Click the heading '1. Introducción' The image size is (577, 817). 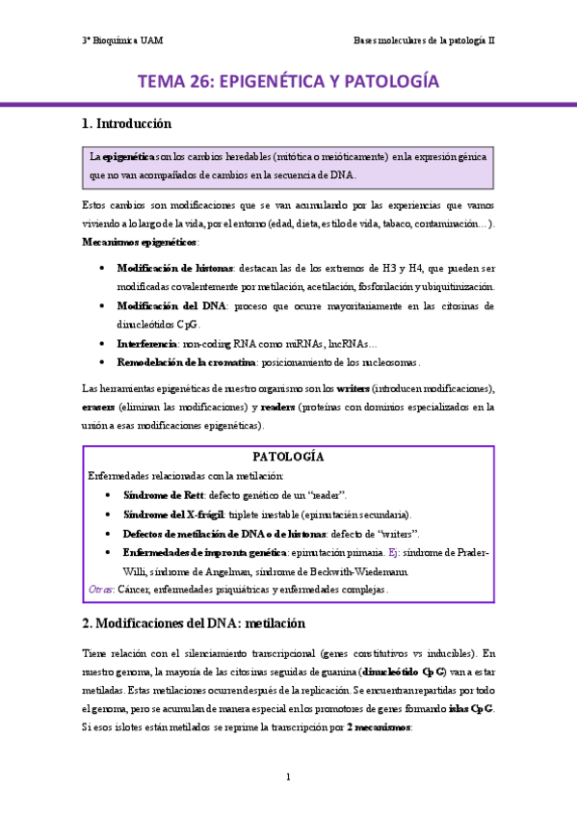pyautogui.click(x=126, y=123)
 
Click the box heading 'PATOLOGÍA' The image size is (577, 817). pyautogui.click(x=287, y=456)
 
